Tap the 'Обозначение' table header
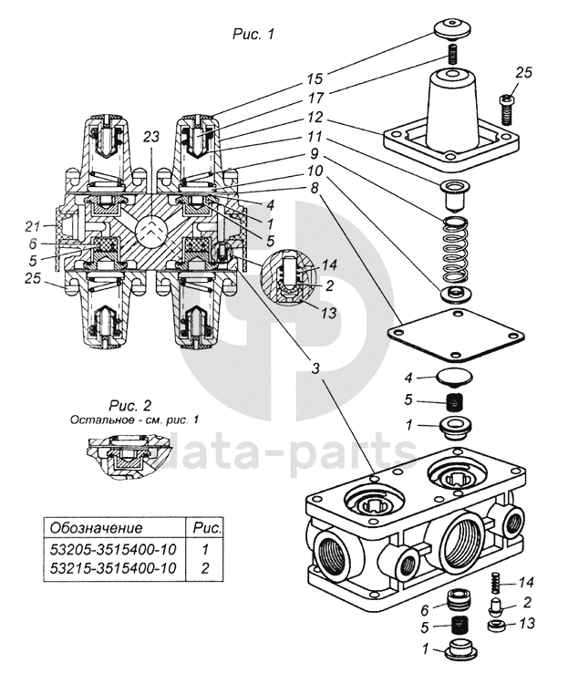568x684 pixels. point(97,528)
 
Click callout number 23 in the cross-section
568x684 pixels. point(150,136)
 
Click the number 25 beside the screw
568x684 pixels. point(522,72)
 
